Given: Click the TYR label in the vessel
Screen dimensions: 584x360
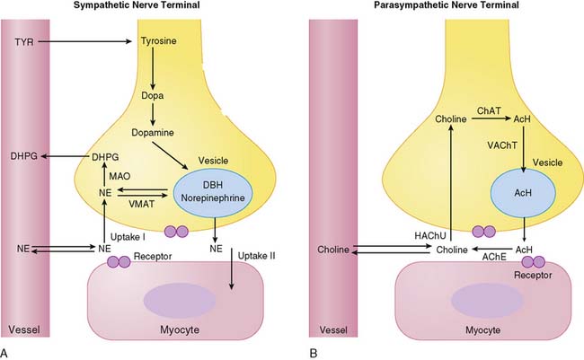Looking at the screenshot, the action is point(24,41).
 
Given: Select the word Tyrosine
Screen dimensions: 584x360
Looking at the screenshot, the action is point(159,41).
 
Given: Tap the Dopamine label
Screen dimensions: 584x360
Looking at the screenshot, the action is point(153,133).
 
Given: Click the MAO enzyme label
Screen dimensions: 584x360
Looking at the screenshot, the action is point(119,176).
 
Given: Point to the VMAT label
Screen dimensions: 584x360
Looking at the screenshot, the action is point(142,204).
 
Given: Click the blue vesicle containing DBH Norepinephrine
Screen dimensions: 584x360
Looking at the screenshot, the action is point(213,192).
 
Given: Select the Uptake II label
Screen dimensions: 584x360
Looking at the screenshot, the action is point(257,256).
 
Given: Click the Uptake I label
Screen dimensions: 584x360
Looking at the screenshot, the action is point(128,237).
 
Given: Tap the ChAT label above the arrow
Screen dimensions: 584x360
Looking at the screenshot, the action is point(489,110).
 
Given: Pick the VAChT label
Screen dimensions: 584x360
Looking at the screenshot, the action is point(502,145).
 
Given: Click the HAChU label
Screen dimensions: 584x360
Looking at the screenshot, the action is point(430,235).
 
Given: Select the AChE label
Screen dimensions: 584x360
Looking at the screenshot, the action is point(494,257).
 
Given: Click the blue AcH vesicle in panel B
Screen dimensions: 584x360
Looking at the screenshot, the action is point(523,192).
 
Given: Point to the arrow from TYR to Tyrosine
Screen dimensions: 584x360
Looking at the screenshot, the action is point(85,41).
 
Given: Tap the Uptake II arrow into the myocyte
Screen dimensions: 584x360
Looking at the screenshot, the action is point(231,268).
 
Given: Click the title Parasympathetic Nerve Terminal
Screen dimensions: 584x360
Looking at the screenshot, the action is point(447,4).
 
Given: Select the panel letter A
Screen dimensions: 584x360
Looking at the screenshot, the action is point(4,353).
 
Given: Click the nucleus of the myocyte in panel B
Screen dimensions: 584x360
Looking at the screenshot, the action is point(487,299).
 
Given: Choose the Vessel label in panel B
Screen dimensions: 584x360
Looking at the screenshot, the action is point(333,329).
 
